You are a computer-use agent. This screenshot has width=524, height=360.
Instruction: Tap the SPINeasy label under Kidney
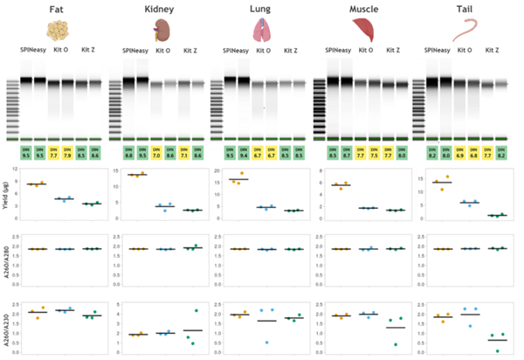(x=134, y=50)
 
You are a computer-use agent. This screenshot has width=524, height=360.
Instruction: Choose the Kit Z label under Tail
(x=493, y=50)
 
